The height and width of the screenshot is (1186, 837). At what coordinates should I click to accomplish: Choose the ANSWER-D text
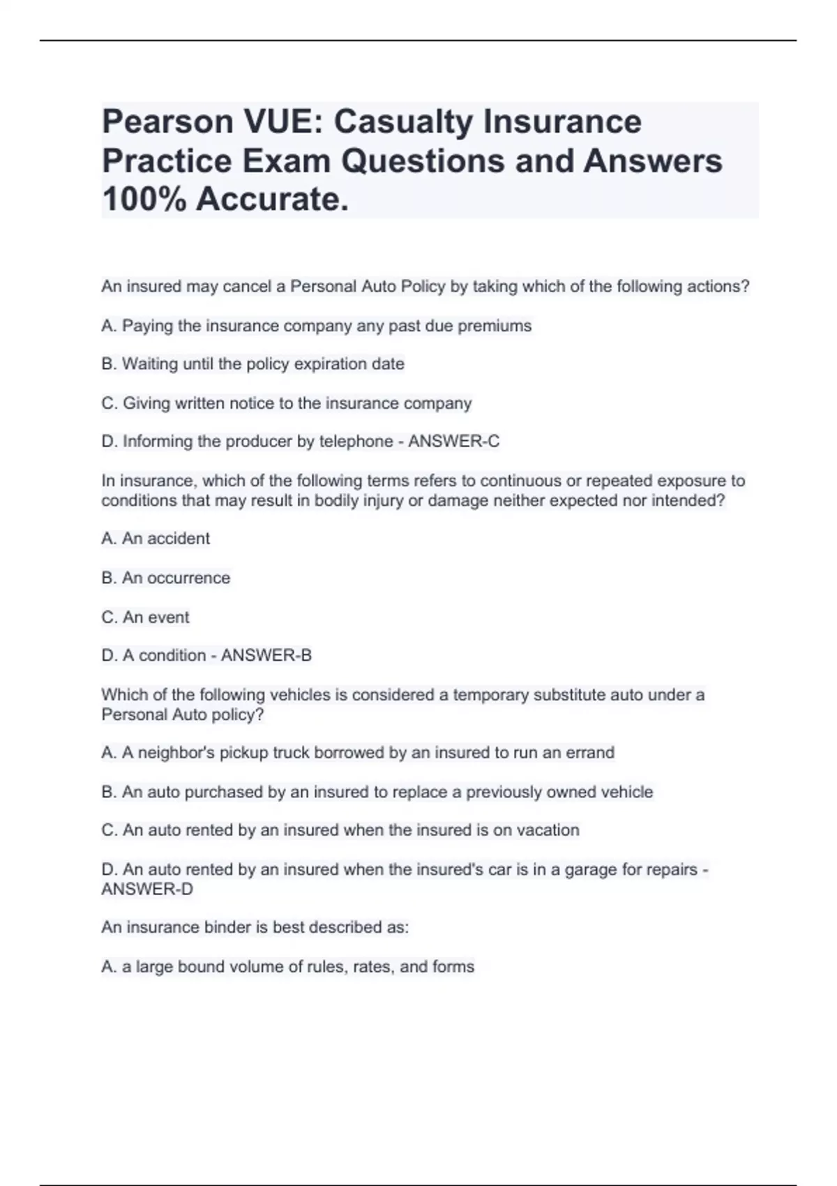point(147,889)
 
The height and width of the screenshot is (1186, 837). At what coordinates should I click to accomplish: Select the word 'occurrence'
point(188,578)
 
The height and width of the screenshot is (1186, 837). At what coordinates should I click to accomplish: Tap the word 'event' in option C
point(168,617)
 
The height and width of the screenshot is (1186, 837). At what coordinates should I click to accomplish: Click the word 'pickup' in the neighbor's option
point(243,753)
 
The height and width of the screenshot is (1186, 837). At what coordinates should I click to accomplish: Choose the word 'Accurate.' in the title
point(272,200)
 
